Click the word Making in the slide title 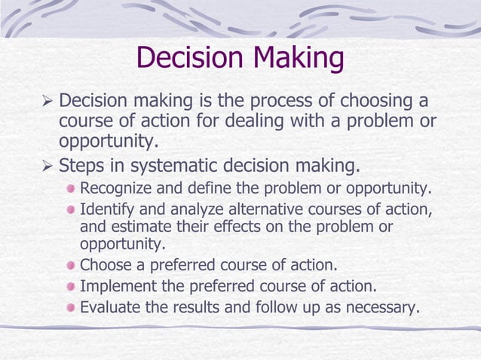pos(299,59)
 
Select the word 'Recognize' pos(114,188)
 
